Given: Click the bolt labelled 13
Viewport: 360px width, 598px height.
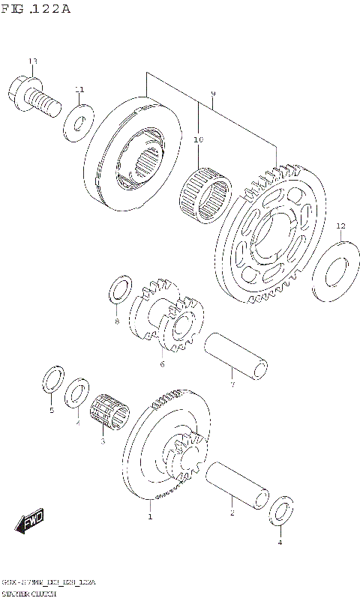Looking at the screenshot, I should click(31, 96).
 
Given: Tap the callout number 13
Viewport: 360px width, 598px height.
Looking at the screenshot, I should click(32, 61).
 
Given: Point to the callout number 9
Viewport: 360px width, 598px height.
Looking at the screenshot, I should click(213, 94).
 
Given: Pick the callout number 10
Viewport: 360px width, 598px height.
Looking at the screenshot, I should click(198, 139).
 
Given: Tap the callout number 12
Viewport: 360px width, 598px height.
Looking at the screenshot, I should click(340, 226).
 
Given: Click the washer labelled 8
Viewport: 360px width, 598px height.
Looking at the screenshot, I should click(118, 291).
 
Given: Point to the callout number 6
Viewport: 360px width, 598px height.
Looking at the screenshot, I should click(161, 365).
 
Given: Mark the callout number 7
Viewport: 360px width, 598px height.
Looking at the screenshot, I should click(232, 385).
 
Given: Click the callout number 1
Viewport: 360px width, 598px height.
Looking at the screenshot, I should click(150, 516).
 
